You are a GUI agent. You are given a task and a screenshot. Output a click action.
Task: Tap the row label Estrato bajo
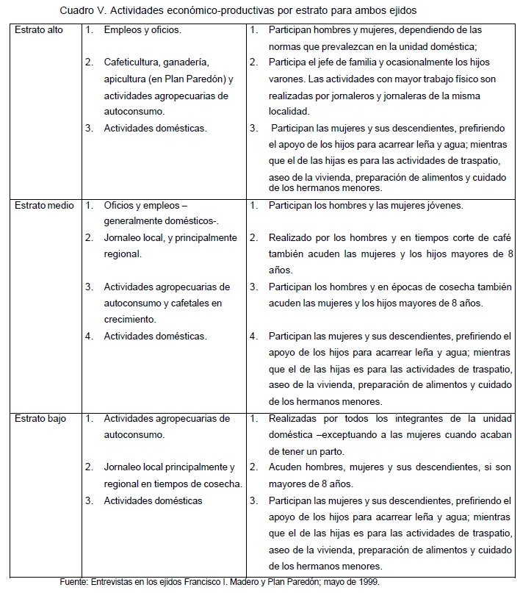pos(40,418)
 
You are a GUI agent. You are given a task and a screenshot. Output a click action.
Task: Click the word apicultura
pos(126,79)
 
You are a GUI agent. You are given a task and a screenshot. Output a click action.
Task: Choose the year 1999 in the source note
pos(372,582)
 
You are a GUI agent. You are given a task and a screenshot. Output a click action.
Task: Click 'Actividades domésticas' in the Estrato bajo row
pos(153,500)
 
